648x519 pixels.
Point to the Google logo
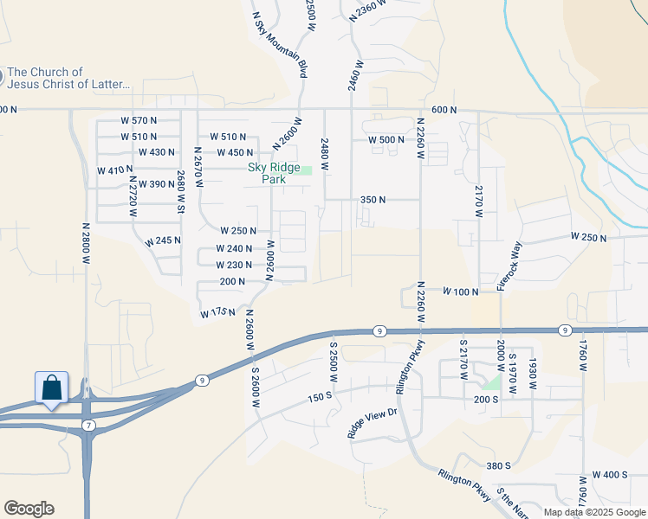click(x=29, y=508)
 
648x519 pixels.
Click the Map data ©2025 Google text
click(x=593, y=512)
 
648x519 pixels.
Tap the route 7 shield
click(x=89, y=425)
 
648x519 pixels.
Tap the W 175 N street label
click(x=217, y=311)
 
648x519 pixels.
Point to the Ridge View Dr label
click(x=372, y=417)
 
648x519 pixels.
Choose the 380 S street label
click(x=498, y=465)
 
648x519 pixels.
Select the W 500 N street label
click(x=386, y=140)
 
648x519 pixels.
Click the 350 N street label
click(x=373, y=200)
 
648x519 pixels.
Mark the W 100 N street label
click(x=460, y=292)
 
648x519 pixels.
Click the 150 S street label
click(x=318, y=396)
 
